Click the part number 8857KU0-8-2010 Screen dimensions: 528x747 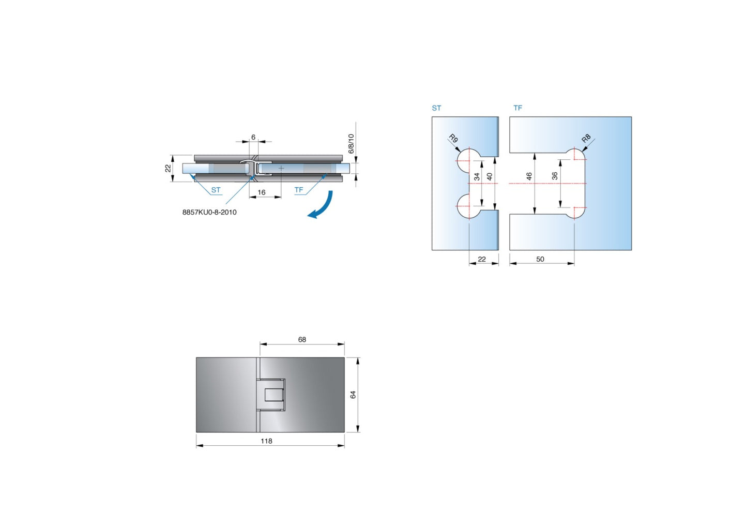click(209, 212)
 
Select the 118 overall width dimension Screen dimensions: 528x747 click(266, 441)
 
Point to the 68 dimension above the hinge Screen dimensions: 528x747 click(302, 340)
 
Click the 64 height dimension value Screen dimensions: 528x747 click(353, 395)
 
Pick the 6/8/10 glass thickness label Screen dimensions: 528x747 click(351, 144)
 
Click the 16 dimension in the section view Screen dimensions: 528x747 click(262, 192)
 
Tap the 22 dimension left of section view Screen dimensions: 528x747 click(168, 168)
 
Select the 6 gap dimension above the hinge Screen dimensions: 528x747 click(253, 137)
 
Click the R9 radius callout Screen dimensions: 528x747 click(453, 139)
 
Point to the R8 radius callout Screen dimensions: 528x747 click(586, 139)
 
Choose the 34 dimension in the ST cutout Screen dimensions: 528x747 click(477, 176)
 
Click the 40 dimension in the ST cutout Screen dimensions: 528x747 click(490, 176)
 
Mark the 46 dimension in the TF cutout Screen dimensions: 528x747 click(529, 176)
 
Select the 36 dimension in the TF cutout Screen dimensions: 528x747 click(555, 176)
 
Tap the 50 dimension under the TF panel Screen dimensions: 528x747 click(540, 259)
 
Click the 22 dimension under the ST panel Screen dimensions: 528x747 click(482, 259)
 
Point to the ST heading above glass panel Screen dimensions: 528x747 click(436, 108)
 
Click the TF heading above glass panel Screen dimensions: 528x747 click(517, 108)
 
